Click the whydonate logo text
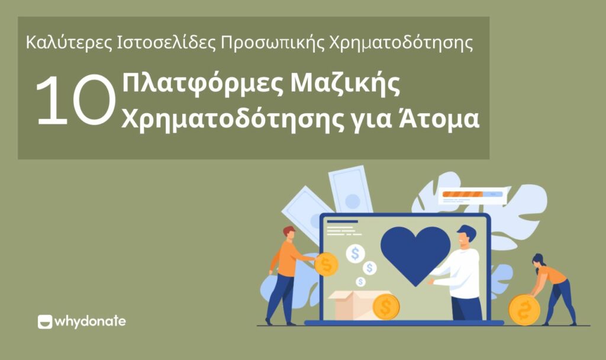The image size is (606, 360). [90, 322]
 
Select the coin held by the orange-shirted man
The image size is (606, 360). [326, 264]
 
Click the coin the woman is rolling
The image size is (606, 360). [524, 309]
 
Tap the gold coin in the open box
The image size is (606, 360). [386, 307]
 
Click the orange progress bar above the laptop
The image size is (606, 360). [463, 194]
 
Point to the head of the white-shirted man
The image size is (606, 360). [466, 237]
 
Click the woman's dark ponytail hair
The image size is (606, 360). [539, 261]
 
